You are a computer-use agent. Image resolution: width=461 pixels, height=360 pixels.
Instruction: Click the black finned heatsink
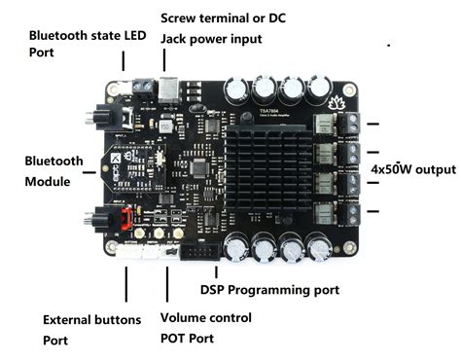(268, 167)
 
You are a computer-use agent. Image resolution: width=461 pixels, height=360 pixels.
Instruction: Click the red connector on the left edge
(126, 218)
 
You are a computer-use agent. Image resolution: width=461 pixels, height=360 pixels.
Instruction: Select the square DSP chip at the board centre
(197, 167)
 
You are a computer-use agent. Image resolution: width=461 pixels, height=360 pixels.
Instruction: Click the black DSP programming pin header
(201, 251)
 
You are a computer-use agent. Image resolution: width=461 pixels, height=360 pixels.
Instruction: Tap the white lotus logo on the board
(336, 102)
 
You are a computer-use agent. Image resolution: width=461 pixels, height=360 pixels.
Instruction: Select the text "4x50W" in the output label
(391, 169)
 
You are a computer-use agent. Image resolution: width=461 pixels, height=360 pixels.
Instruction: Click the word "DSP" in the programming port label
(212, 290)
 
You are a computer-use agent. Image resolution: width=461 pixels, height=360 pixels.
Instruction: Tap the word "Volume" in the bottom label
(183, 318)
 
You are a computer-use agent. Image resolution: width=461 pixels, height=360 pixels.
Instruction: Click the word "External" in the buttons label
(67, 320)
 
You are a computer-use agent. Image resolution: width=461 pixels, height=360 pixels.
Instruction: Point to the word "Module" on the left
(48, 182)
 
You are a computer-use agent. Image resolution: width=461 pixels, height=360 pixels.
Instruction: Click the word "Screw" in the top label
(178, 18)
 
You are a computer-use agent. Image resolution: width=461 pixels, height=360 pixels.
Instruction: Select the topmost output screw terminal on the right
(349, 124)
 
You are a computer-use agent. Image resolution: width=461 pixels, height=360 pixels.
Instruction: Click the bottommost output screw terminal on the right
(349, 214)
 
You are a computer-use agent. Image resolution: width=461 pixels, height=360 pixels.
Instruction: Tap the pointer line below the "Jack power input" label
(164, 60)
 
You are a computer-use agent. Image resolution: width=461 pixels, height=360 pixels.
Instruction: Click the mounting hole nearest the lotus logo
(349, 89)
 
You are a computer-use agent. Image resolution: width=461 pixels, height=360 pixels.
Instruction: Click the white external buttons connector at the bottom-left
(128, 252)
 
